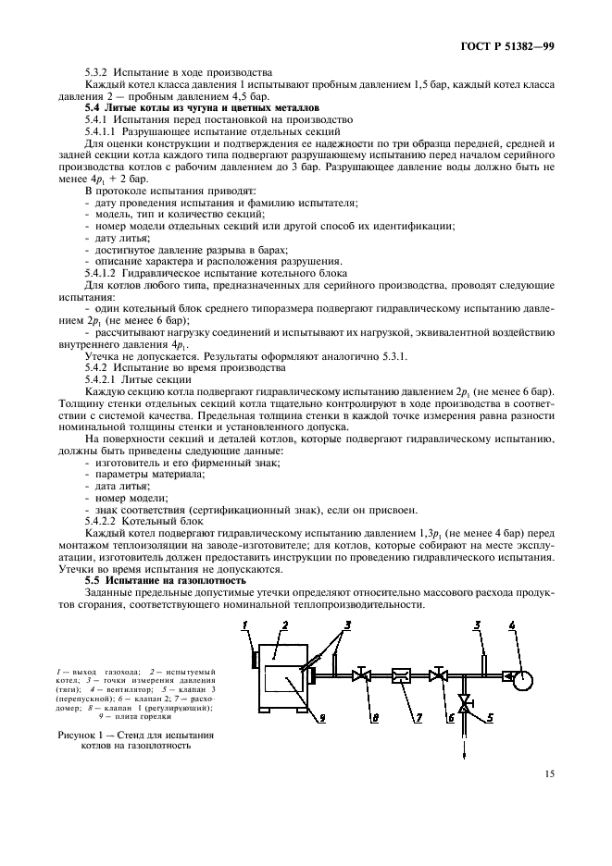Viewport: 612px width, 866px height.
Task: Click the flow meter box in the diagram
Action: [x=402, y=674]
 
